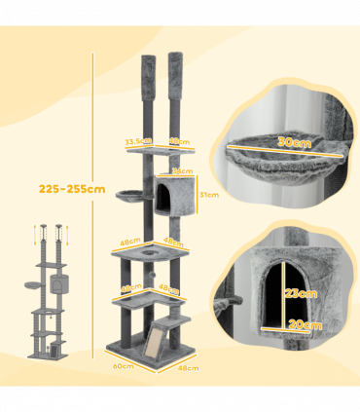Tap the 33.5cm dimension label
[136, 140]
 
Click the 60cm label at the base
[125, 367]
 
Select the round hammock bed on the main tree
[130, 195]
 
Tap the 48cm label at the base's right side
[189, 367]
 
